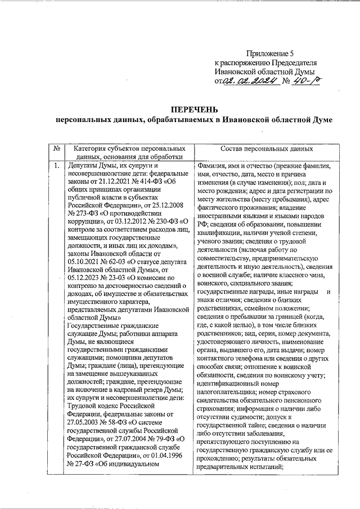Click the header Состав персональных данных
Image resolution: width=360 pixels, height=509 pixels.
(267, 150)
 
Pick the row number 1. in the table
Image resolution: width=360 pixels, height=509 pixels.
(57, 166)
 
